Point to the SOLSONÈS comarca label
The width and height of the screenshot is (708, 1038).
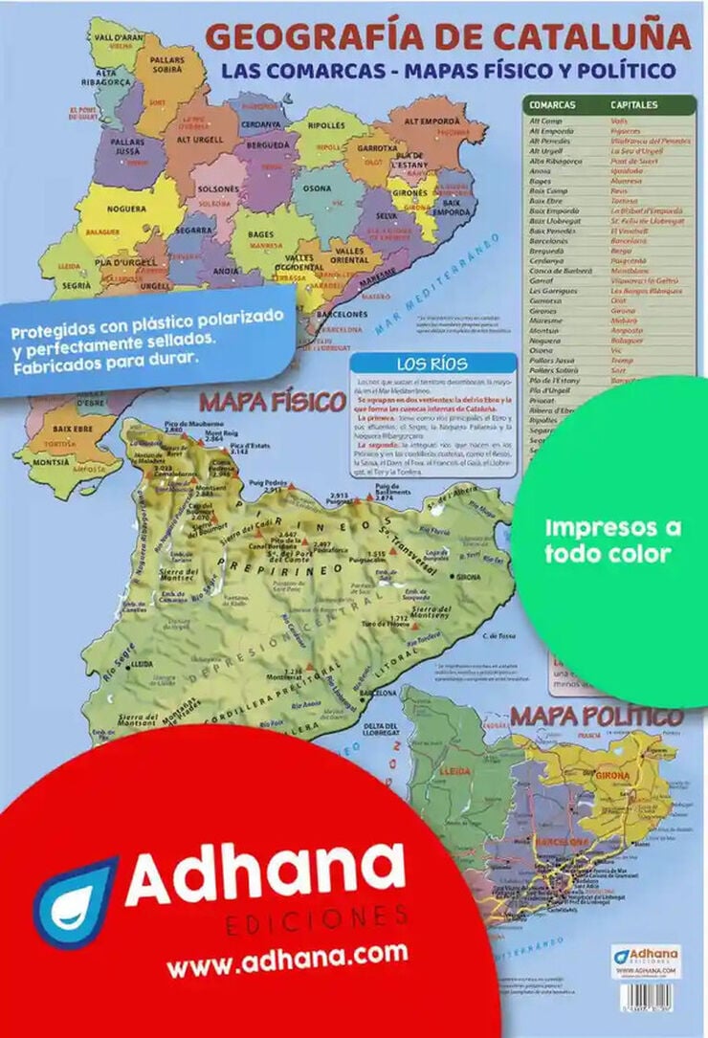coord(218,189)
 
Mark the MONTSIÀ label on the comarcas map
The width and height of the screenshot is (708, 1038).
coord(51,460)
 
